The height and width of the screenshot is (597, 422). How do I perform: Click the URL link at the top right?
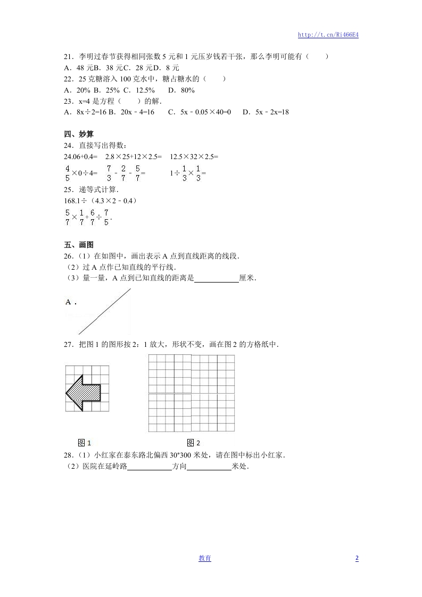click(328, 35)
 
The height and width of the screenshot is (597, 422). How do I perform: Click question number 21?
click(68, 56)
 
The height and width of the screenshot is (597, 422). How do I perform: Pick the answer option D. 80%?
click(181, 90)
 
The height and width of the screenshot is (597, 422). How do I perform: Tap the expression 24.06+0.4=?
click(80, 156)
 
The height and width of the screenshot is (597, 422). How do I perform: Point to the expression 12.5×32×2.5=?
click(194, 156)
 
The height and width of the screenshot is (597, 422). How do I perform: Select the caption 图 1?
click(85, 443)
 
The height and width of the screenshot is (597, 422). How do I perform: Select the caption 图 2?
click(194, 443)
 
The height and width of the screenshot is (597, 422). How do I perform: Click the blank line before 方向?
click(150, 467)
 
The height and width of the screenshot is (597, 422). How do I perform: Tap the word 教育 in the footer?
click(205, 558)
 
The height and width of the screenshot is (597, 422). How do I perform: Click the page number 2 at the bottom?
click(357, 558)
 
